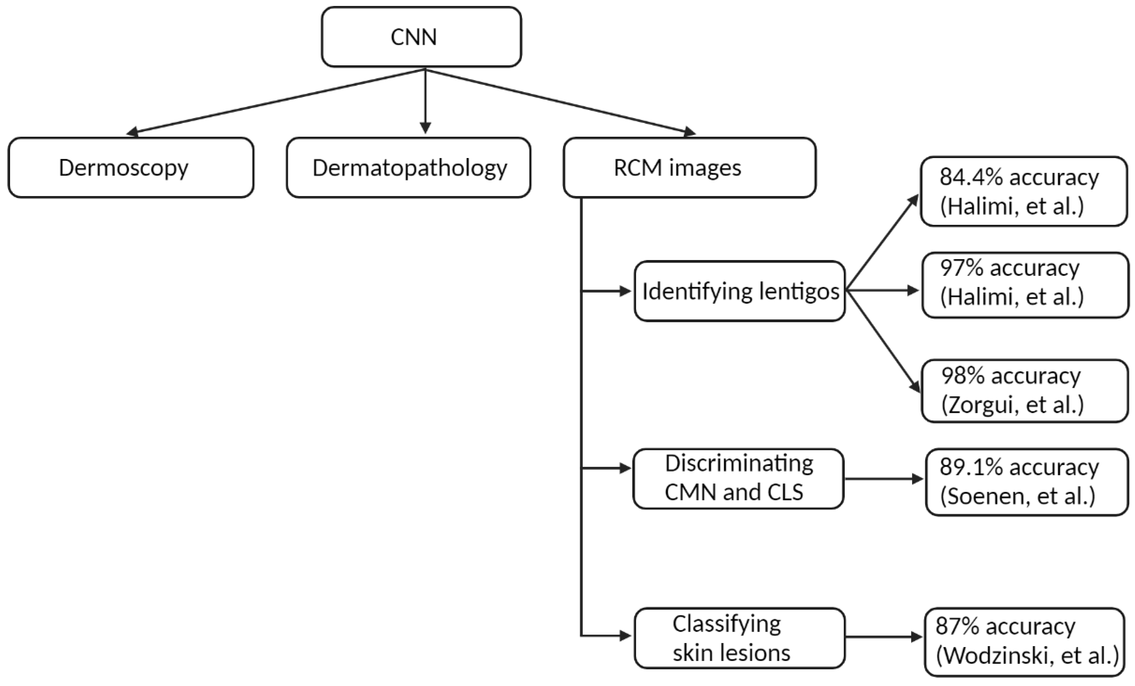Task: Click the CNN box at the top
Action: [421, 37]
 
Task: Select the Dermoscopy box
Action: [131, 168]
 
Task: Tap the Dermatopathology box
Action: [409, 168]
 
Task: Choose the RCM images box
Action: [690, 168]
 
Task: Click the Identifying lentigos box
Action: [740, 291]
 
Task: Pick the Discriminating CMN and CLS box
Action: [738, 479]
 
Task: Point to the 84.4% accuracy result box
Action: [1024, 191]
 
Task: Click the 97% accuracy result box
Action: [1025, 285]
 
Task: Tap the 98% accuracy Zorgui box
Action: [1025, 391]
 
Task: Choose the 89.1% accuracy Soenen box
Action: [1027, 482]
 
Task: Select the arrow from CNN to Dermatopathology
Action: [425, 101]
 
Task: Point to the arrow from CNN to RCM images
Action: [560, 102]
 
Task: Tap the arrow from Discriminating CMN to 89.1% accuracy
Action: [884, 479]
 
